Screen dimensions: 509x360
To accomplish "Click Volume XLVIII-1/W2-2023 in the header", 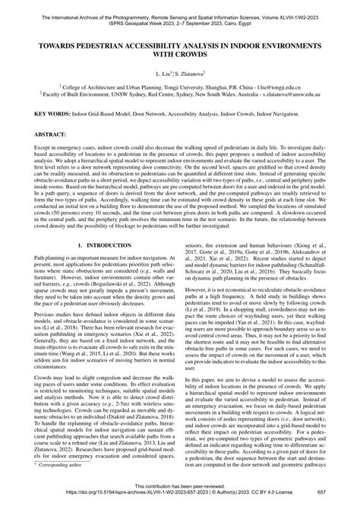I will point(307,5).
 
